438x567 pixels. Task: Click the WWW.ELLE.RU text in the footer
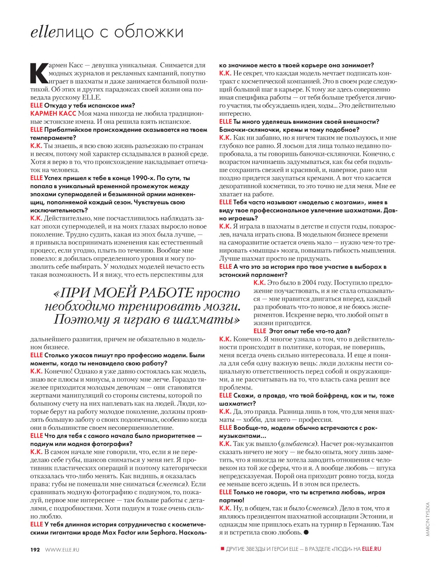coord(62,549)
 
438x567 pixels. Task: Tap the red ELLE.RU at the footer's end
coord(372,549)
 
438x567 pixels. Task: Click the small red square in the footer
coord(222,549)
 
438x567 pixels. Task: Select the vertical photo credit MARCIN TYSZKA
coord(428,519)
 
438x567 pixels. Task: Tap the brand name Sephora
coord(163,533)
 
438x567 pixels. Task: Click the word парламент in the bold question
coord(264,275)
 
